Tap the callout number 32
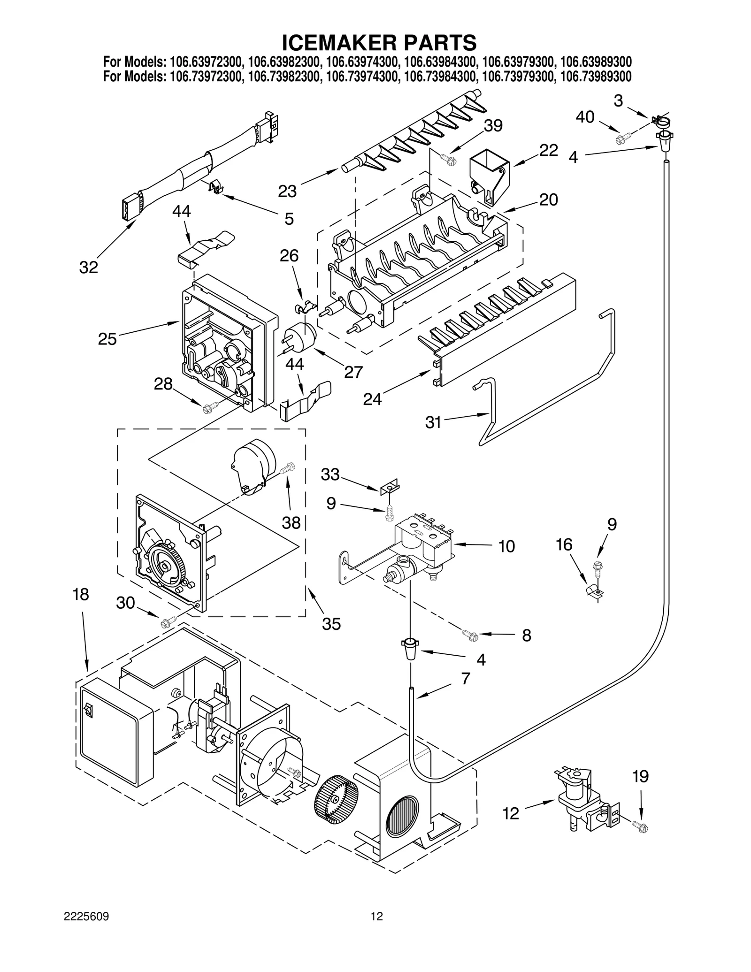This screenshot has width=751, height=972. pyautogui.click(x=88, y=268)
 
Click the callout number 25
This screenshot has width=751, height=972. pyautogui.click(x=107, y=338)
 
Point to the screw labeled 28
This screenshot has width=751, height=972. pyautogui.click(x=207, y=407)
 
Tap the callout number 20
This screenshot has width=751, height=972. pyautogui.click(x=548, y=199)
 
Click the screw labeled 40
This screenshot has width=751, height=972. pyautogui.click(x=623, y=138)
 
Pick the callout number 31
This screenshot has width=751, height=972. pyautogui.click(x=433, y=422)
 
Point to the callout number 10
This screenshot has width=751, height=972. pyautogui.click(x=506, y=546)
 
